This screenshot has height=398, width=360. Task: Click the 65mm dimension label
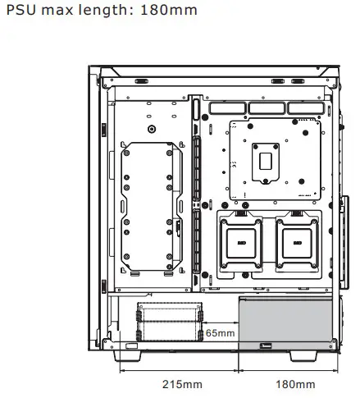219,333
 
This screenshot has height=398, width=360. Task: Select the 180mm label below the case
294,384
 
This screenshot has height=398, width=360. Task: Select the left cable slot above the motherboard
228,108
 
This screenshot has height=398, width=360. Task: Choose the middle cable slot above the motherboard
267,108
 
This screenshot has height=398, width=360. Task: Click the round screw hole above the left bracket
151,130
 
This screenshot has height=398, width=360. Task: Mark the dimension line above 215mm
178,370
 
